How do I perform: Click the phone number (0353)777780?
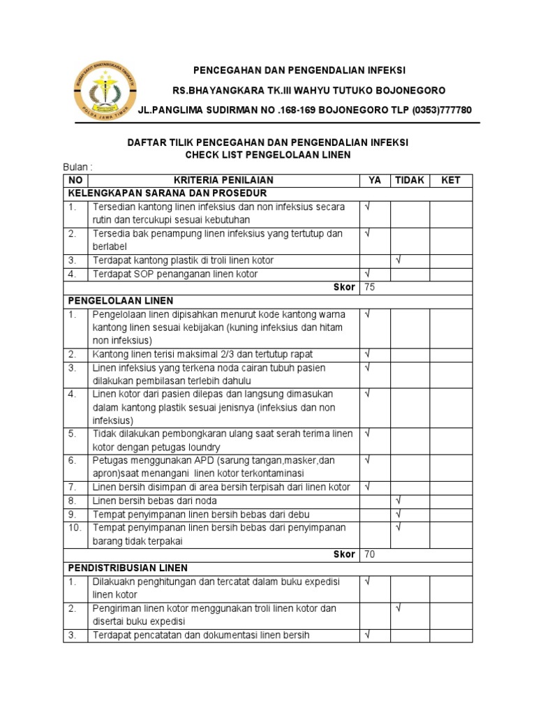[x=442, y=110]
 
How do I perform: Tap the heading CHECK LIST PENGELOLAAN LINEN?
[x=268, y=154]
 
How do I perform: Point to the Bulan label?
[x=77, y=168]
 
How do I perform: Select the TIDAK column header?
[x=410, y=180]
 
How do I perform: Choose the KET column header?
[x=451, y=180]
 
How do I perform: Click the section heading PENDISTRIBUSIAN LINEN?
[x=128, y=568]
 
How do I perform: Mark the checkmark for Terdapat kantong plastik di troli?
[x=399, y=260]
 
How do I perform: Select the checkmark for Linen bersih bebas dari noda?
[x=399, y=500]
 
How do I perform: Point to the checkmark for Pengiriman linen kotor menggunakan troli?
[x=399, y=608]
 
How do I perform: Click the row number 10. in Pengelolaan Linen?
[x=75, y=527]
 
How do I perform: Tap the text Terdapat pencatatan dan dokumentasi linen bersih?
[x=201, y=635]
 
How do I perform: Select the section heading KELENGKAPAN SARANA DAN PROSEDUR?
[x=167, y=193]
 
